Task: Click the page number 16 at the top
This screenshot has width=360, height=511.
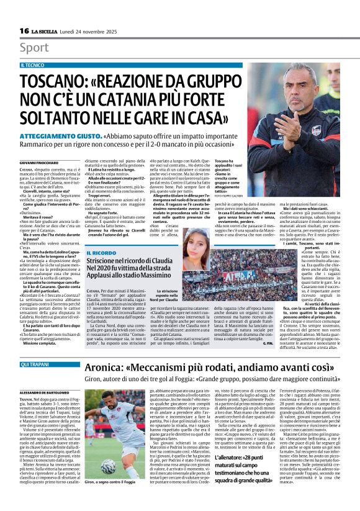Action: [x=24, y=31]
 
